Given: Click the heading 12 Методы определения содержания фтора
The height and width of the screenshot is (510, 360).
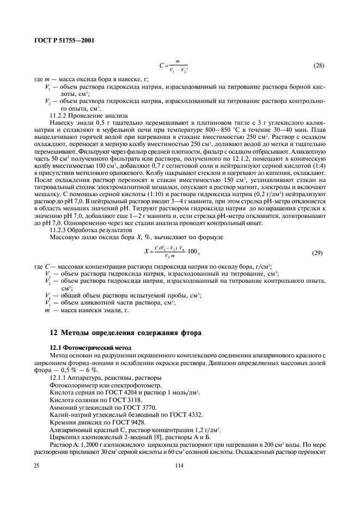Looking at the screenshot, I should point(125,332).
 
